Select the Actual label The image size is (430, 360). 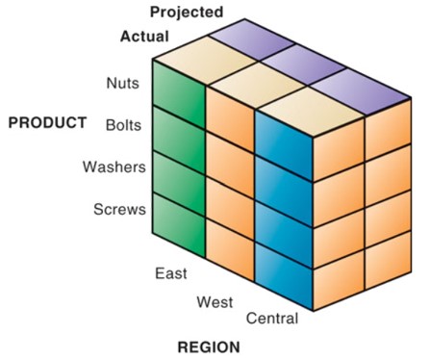click(x=144, y=37)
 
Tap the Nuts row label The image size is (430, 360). click(x=122, y=83)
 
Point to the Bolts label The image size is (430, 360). click(x=121, y=125)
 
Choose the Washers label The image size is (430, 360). click(x=114, y=167)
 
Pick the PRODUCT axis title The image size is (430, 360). click(x=48, y=123)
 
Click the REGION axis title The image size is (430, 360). click(x=209, y=346)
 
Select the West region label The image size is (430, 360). click(x=215, y=301)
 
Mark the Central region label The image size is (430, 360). click(x=272, y=318)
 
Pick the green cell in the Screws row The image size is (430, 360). click(x=180, y=221)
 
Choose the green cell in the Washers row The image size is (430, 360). click(x=180, y=180)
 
